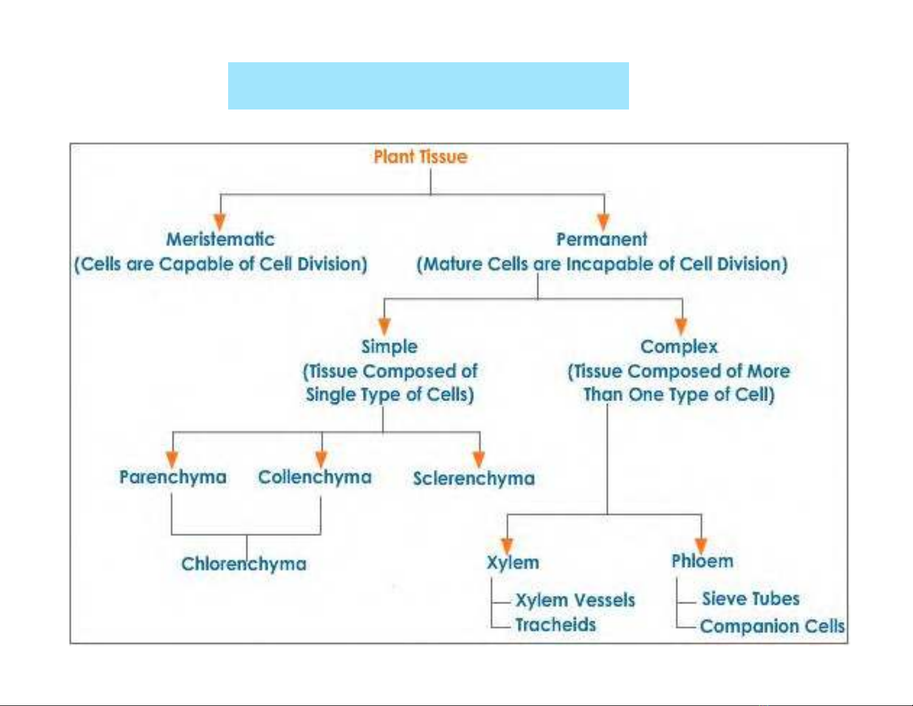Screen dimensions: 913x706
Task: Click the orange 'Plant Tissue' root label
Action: [420, 157]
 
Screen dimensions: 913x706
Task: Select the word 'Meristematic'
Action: [221, 240]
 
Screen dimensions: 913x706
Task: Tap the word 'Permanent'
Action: [602, 240]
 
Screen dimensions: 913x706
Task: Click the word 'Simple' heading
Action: [389, 347]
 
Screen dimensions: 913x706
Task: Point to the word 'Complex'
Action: [679, 347]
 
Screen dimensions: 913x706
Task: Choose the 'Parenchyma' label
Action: [173, 477]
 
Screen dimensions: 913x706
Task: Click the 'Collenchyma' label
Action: [315, 477]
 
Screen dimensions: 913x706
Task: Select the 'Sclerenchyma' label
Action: [474, 479]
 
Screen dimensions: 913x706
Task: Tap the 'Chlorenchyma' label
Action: [244, 564]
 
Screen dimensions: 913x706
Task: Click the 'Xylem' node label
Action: [513, 562]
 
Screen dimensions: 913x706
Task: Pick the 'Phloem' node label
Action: [702, 561]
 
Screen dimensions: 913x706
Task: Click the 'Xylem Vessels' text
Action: [575, 600]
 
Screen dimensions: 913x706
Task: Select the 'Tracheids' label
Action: [555, 625]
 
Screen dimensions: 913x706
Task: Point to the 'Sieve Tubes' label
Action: [751, 599]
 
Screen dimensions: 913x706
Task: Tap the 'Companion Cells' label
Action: [772, 626]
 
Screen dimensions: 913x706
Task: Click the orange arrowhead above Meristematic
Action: [220, 222]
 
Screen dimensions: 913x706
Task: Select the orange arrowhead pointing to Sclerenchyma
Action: [479, 459]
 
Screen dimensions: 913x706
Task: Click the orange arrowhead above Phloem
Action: [701, 546]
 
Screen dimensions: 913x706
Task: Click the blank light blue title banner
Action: [428, 86]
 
